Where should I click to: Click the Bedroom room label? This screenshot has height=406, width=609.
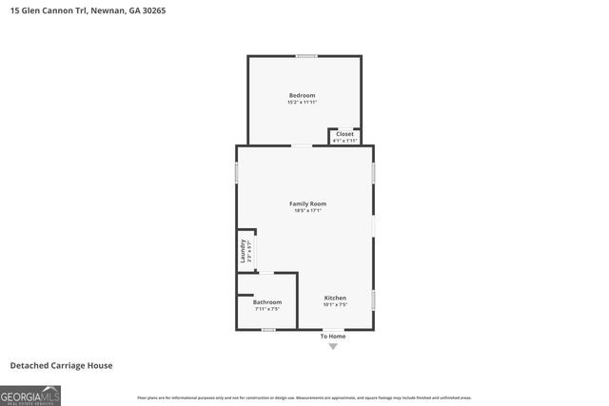click(x=302, y=95)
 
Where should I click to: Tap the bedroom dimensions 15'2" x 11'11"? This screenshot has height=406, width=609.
click(x=302, y=102)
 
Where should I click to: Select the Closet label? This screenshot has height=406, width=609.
click(x=344, y=134)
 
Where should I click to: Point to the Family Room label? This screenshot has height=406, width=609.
click(x=305, y=203)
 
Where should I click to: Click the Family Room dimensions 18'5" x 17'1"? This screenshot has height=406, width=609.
click(x=305, y=210)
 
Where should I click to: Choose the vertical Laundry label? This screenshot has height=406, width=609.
click(x=244, y=251)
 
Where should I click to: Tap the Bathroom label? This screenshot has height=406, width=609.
click(x=267, y=302)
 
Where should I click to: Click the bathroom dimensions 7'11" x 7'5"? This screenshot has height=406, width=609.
click(x=267, y=309)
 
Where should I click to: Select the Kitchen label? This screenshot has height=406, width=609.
click(x=335, y=299)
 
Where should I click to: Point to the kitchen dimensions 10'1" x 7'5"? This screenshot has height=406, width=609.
click(x=335, y=305)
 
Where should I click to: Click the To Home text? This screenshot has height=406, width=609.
click(x=332, y=337)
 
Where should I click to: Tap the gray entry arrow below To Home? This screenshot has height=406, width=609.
click(x=332, y=347)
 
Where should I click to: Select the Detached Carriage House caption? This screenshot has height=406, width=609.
click(x=61, y=365)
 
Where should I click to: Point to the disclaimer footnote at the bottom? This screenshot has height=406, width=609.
click(x=304, y=397)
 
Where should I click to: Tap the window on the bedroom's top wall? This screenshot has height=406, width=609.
click(x=306, y=56)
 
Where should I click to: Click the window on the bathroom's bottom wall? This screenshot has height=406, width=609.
click(x=268, y=330)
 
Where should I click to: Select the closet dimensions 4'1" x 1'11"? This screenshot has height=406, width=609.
click(x=344, y=141)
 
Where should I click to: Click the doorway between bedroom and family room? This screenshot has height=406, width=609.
click(x=301, y=145)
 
